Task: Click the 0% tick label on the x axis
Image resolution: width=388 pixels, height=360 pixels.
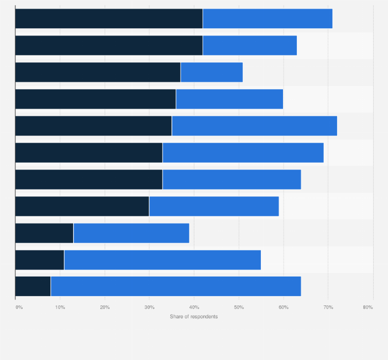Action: click(19, 307)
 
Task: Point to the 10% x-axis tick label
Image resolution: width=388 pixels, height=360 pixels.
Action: click(60, 307)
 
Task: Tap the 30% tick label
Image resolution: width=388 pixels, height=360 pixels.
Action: click(149, 307)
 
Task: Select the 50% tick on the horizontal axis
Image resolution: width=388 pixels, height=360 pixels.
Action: click(239, 307)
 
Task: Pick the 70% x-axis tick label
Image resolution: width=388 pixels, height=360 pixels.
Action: click(328, 307)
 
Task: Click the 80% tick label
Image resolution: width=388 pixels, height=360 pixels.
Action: click(367, 307)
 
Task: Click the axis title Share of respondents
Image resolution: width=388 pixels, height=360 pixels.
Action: click(193, 316)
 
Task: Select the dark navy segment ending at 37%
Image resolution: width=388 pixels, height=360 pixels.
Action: click(98, 72)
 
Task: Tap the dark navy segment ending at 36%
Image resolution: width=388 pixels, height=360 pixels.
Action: click(95, 99)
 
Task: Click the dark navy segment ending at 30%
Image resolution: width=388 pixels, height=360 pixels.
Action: click(82, 206)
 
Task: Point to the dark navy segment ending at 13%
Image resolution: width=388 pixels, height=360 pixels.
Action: click(44, 233)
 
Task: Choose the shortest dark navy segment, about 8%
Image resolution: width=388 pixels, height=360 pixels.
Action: click(33, 286)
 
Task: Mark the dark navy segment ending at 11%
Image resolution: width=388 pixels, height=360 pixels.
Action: click(40, 260)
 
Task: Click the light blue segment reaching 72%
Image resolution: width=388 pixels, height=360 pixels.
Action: click(254, 126)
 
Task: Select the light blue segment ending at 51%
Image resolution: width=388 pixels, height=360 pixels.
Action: click(211, 72)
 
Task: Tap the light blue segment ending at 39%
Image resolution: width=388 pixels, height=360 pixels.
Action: click(131, 233)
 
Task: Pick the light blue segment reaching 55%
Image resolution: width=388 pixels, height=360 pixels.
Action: click(162, 260)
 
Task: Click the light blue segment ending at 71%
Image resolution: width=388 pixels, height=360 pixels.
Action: click(268, 19)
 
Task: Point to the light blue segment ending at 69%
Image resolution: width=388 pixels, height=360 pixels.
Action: click(243, 152)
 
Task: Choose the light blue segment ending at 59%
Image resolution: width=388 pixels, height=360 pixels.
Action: click(214, 206)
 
